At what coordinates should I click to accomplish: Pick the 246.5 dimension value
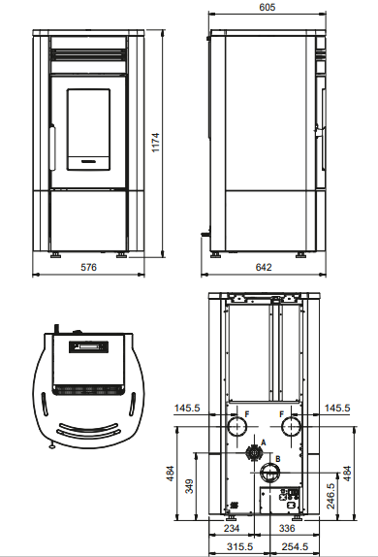click(331, 491)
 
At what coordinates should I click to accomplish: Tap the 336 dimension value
click(287, 530)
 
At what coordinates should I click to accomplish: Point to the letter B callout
click(278, 458)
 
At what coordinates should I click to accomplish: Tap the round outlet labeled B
click(268, 473)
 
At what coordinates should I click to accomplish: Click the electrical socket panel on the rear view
click(287, 500)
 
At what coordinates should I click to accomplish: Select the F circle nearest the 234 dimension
click(235, 427)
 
